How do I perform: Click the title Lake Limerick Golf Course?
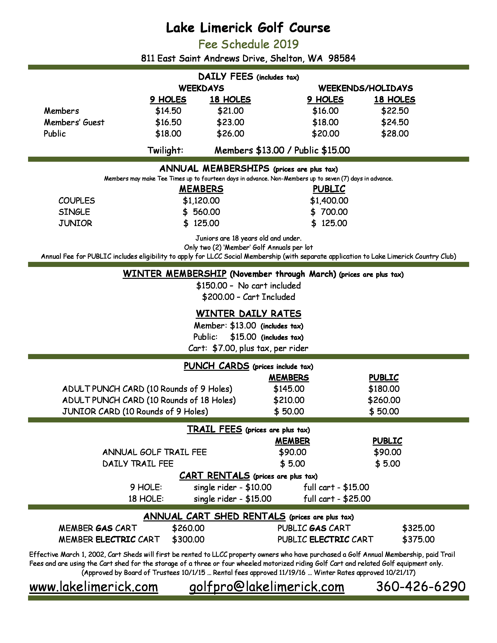tap(248, 28)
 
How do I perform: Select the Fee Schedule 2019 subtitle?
tap(248, 44)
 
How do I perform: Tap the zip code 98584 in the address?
tap(342, 58)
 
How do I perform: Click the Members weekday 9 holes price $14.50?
tap(168, 111)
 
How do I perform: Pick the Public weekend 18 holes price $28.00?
tap(395, 134)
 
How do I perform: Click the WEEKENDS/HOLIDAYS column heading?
tap(365, 88)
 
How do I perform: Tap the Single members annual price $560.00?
tap(201, 212)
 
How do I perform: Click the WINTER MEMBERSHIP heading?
tap(175, 274)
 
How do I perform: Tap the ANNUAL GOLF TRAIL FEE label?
tap(154, 452)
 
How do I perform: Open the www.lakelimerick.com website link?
tap(94, 587)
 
